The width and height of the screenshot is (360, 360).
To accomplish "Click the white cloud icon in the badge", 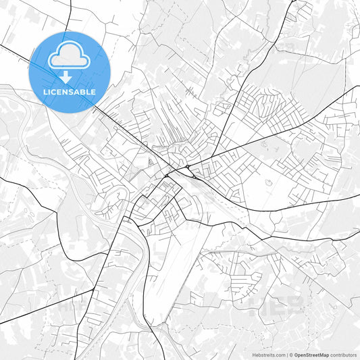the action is coord(70,56).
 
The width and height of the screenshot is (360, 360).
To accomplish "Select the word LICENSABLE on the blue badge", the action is coord(70,92).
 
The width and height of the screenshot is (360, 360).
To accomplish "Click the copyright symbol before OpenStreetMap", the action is coord(291,355).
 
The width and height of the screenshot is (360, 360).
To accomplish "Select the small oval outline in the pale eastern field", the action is coord(268,182).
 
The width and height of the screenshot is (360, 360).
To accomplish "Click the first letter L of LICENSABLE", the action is coord(45,92).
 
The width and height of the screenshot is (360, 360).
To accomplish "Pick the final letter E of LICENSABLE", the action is coord(93,92).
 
